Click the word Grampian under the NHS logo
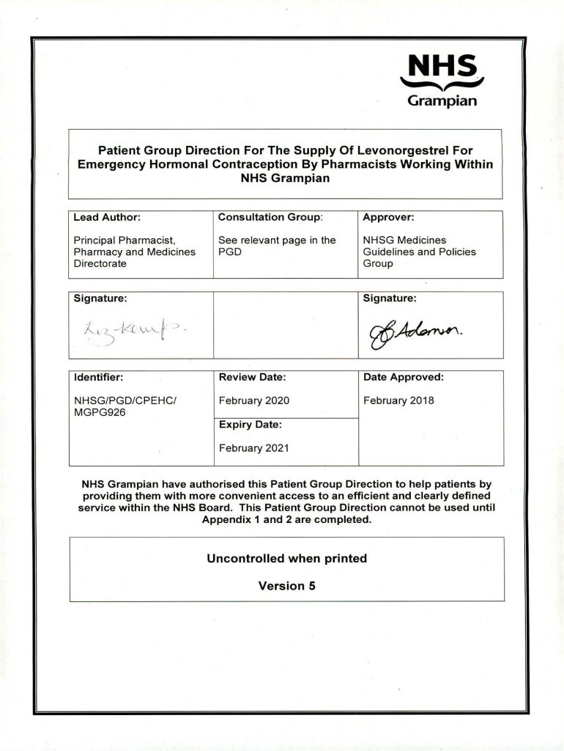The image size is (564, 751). click(x=442, y=100)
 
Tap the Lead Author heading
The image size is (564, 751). click(x=107, y=217)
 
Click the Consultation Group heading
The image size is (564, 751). click(x=270, y=217)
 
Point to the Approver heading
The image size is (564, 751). click(x=388, y=217)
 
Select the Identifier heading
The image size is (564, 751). click(x=98, y=377)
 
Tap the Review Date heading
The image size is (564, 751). click(x=252, y=377)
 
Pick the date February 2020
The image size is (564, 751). click(x=253, y=400)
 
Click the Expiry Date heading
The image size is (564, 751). click(x=250, y=424)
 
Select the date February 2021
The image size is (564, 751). click(x=253, y=448)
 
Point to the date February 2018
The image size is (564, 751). click(x=398, y=400)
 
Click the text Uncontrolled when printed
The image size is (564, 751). click(x=286, y=558)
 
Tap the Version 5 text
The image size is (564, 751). click(x=286, y=585)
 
